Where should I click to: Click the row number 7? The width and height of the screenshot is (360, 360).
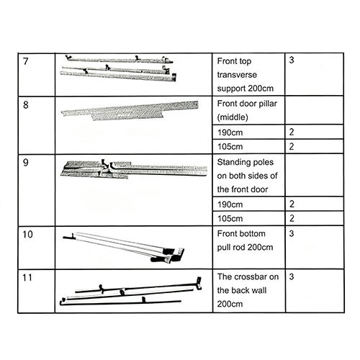point(26,61)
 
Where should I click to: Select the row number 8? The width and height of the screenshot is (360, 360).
point(26,104)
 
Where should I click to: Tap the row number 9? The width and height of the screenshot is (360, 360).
point(26,163)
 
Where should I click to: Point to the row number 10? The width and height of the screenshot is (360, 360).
point(28,234)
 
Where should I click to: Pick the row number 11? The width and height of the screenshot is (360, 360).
point(27,278)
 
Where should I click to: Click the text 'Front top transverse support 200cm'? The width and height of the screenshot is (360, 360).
point(246,75)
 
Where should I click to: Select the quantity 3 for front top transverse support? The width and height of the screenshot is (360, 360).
point(292,60)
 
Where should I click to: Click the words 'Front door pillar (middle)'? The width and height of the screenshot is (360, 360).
point(247,110)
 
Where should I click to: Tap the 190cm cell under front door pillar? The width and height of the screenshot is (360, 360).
point(230,132)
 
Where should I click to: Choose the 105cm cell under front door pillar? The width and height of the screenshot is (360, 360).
point(230,146)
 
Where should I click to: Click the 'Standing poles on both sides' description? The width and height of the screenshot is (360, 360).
point(247,176)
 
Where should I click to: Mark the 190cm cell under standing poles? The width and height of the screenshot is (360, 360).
point(230,204)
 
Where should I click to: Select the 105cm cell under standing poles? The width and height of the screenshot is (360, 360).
point(230,218)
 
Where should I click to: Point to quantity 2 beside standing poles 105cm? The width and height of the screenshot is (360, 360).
point(292,218)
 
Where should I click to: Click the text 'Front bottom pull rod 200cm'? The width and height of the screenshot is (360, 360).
point(245,240)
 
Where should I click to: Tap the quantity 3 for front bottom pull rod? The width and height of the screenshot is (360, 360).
point(292,233)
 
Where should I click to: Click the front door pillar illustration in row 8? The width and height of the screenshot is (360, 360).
point(130,111)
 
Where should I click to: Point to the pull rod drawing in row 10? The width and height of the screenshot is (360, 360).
point(124,247)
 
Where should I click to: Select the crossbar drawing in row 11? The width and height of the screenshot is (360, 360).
point(130,292)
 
